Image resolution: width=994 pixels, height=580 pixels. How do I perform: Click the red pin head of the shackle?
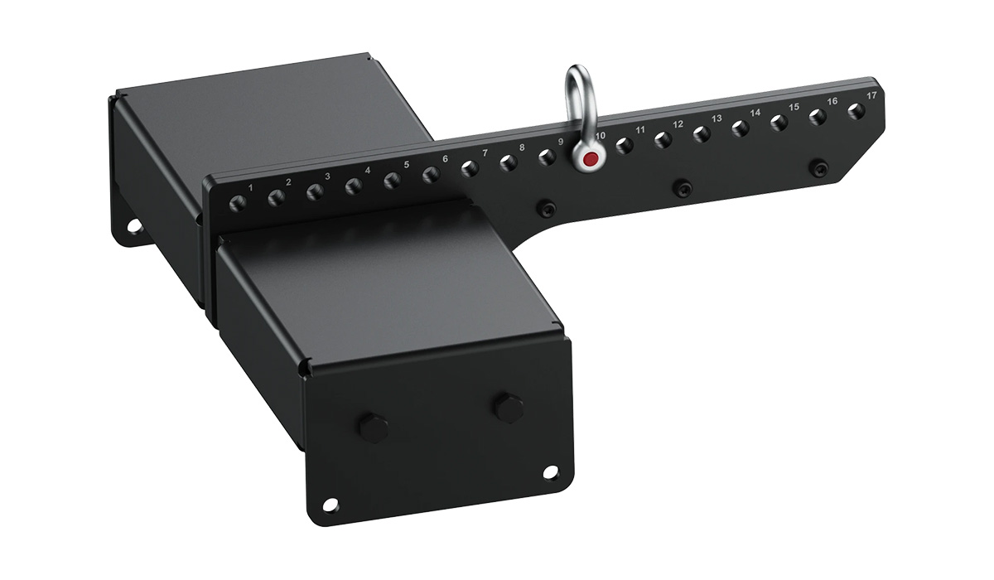[x=590, y=158]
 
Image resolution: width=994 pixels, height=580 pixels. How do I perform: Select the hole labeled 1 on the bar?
[x=238, y=203]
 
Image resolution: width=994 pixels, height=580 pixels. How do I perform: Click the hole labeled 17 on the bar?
[x=856, y=111]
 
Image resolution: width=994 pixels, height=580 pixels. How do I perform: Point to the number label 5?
[x=407, y=165]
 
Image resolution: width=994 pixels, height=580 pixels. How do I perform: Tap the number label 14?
[x=755, y=113]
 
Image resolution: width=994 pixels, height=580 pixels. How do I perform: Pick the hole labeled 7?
[x=470, y=169]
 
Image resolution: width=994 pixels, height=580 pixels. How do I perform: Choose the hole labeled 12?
[x=663, y=140]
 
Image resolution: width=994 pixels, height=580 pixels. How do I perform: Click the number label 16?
[x=832, y=101]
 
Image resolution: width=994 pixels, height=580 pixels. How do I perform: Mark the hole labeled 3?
[x=315, y=191]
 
